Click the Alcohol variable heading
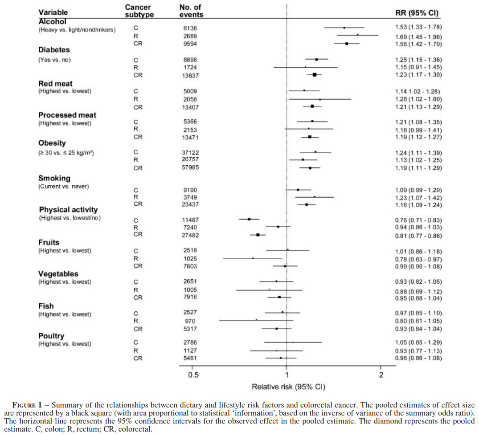(x=52, y=21)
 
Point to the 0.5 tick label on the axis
(x=193, y=375)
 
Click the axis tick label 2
(x=381, y=375)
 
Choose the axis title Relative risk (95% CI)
(x=288, y=387)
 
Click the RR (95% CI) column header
(x=417, y=13)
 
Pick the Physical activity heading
(x=68, y=209)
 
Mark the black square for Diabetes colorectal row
(x=315, y=75)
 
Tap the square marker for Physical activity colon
(x=249, y=219)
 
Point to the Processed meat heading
(x=67, y=115)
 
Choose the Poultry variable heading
(x=51, y=336)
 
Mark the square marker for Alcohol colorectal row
(x=346, y=44)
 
